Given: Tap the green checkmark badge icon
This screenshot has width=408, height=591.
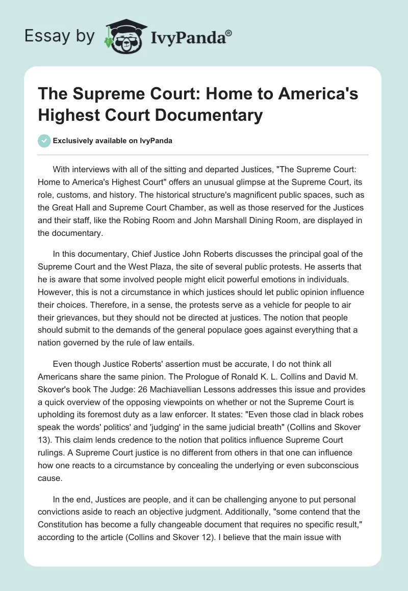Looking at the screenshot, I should [44, 141].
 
